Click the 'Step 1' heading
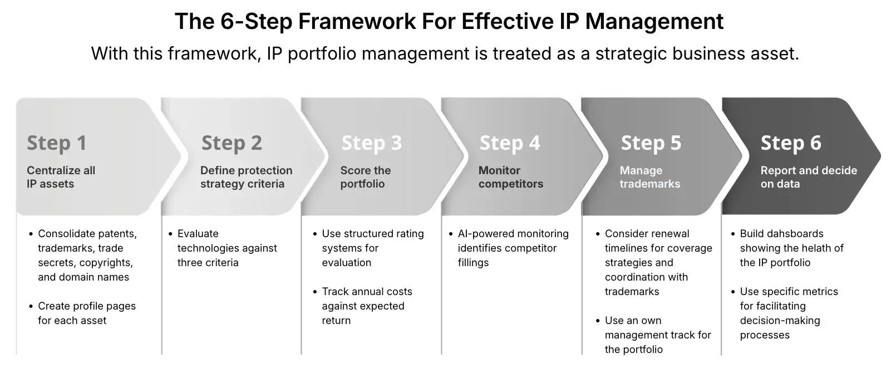pos(57,143)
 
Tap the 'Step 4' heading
pos(510,143)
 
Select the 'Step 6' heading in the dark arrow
pos(791,143)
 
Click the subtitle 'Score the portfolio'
pos(365,177)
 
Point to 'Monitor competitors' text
pos(510,177)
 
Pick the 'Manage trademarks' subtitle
pos(649,177)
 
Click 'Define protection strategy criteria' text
pos(246,177)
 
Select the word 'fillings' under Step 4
pos(473,263)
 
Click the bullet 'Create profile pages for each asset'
pos(86,313)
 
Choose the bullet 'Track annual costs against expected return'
pos(366,306)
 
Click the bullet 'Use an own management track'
pos(657,335)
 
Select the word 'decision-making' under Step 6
pos(780,321)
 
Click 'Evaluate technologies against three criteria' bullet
pos(227,248)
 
